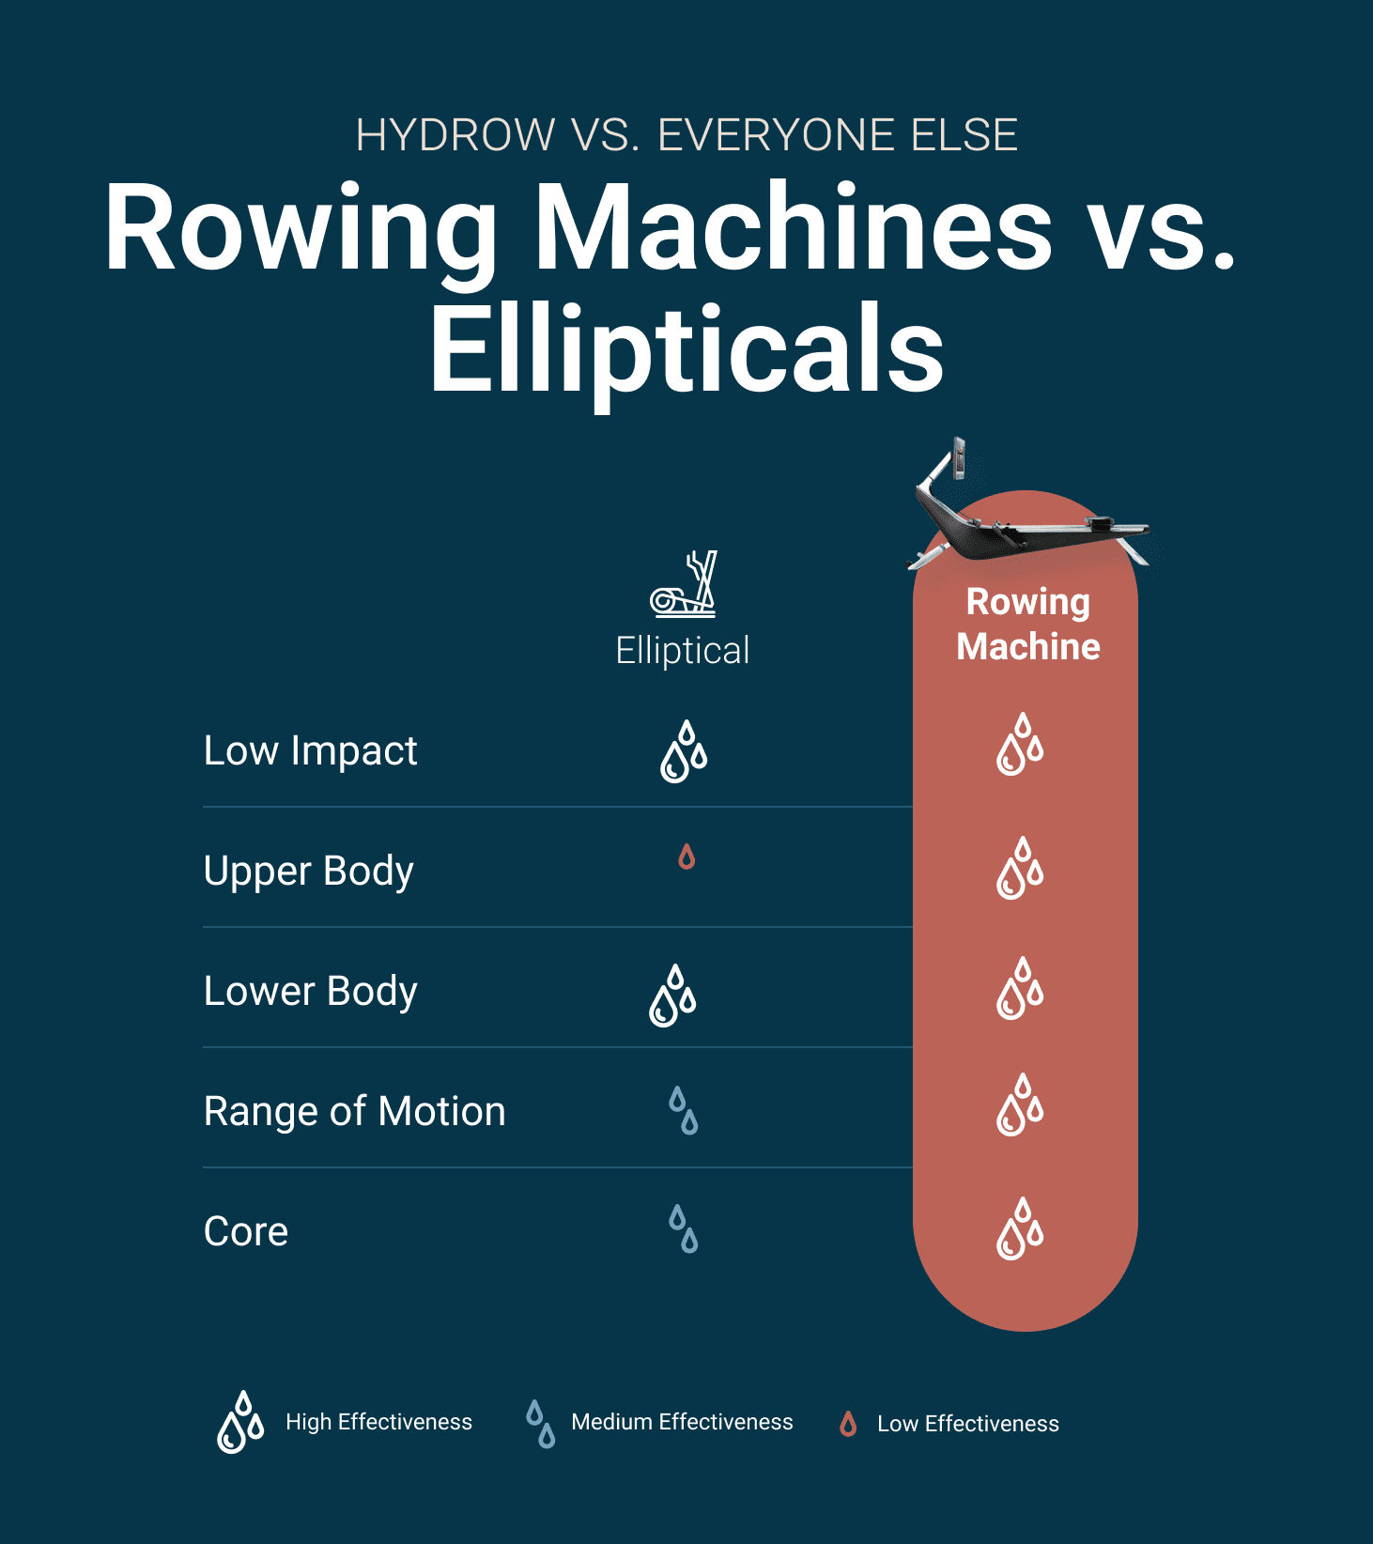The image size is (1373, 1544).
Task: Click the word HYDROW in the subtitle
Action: tap(455, 135)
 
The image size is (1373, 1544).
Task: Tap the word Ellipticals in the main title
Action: tap(686, 349)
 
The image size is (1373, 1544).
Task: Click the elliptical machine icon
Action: tap(684, 584)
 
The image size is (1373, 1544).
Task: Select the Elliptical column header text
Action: tap(683, 650)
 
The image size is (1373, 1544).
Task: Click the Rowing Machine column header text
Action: tap(1028, 624)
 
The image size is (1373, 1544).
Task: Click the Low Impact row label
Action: tap(311, 751)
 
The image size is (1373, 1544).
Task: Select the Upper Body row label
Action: tap(309, 872)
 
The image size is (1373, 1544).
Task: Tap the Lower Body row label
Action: tap(311, 992)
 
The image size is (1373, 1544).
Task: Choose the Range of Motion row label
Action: tap(355, 1112)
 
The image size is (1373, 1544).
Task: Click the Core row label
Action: tap(246, 1232)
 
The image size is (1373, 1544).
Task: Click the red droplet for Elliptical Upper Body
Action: tap(686, 857)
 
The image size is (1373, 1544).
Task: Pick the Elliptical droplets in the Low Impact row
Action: tap(684, 751)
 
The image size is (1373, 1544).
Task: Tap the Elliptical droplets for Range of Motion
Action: tap(684, 1111)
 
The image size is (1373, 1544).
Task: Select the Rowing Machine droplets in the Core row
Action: tap(1020, 1228)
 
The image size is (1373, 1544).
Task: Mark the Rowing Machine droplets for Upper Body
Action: tap(1020, 868)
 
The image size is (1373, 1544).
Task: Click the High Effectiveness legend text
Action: tap(378, 1422)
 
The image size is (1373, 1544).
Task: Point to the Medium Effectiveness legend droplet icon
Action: tap(540, 1424)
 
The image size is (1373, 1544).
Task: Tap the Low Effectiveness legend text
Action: tap(968, 1424)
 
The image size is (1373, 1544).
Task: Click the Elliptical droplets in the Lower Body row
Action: tap(672, 996)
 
